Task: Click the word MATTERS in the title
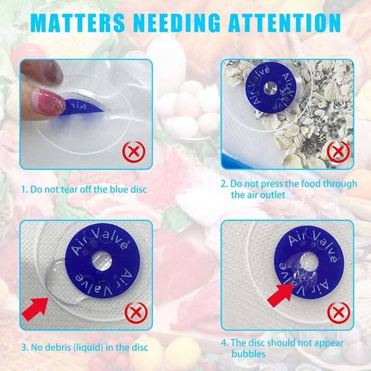click(77, 22)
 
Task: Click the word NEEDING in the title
click(177, 22)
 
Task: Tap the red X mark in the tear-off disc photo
click(134, 152)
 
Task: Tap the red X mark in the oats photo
click(338, 152)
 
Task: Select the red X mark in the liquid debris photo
click(136, 313)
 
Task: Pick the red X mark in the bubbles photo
click(339, 313)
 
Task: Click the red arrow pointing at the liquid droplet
click(36, 309)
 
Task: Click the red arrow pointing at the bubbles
click(280, 295)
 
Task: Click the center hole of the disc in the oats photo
click(270, 89)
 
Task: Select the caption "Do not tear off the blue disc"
click(89, 189)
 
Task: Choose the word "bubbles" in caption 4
click(249, 354)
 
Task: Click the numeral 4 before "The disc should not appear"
click(224, 343)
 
